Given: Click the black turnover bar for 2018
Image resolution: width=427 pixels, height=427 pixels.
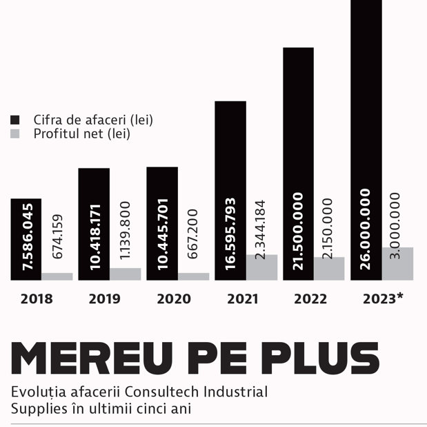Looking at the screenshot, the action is click(26, 239).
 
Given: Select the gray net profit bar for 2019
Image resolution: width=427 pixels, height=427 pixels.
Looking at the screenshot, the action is click(126, 274).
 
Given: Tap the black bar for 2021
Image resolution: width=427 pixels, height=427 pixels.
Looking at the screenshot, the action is click(230, 191).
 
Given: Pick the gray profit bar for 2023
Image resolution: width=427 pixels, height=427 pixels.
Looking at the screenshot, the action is click(397, 263).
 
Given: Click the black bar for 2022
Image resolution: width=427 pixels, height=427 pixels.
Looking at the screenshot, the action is click(299, 164).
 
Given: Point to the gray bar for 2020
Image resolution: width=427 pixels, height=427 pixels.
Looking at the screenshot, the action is click(194, 276).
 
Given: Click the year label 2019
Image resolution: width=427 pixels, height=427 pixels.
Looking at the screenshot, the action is click(105, 298).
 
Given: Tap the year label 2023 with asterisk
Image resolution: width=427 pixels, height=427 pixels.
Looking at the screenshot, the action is click(383, 298).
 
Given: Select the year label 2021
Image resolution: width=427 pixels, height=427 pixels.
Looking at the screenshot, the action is click(243, 298).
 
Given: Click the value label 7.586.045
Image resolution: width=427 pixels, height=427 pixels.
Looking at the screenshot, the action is click(28, 237).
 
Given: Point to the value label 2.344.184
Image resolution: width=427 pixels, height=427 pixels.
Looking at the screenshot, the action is click(260, 229).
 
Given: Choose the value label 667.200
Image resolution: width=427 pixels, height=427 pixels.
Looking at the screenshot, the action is click(192, 234).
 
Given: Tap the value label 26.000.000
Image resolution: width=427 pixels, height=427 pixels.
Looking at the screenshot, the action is click(365, 229).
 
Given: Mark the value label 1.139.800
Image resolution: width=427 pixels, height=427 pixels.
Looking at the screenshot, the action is click(125, 230).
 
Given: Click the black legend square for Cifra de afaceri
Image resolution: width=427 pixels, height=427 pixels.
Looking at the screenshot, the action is click(15, 120).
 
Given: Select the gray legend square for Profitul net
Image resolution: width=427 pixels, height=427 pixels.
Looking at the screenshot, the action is click(15, 133).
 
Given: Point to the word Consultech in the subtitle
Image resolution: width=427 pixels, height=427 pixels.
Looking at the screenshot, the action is click(161, 392).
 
